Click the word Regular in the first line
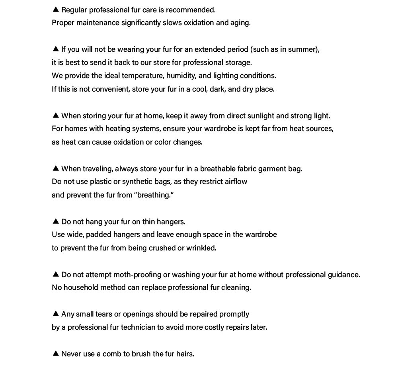[74, 10]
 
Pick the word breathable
[218, 169]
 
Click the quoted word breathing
[155, 195]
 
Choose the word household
[81, 287]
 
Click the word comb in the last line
[111, 354]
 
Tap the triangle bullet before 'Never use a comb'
[56, 354]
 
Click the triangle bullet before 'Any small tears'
[56, 314]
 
